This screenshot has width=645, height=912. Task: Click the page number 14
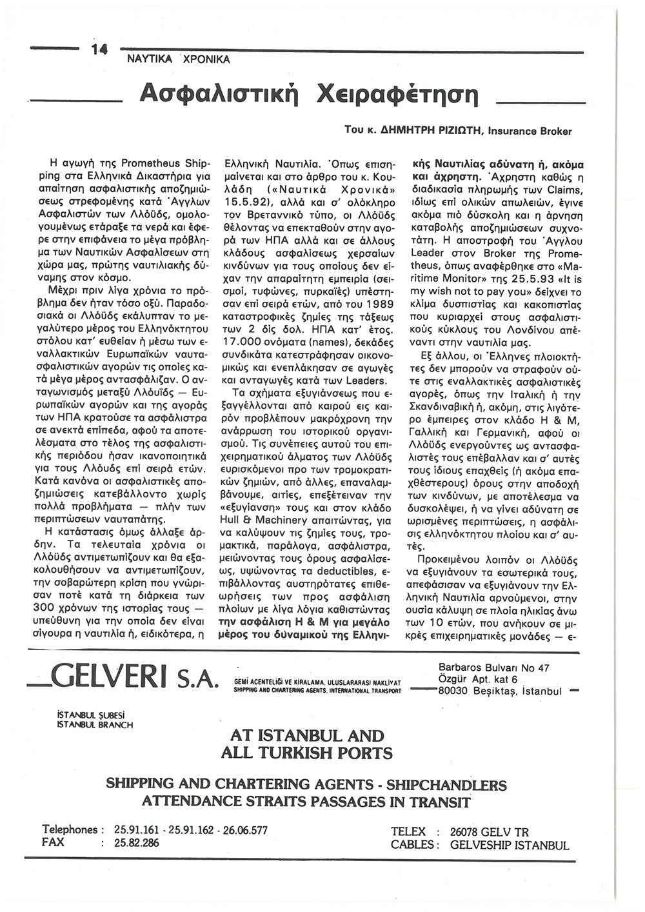pos(101,50)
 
